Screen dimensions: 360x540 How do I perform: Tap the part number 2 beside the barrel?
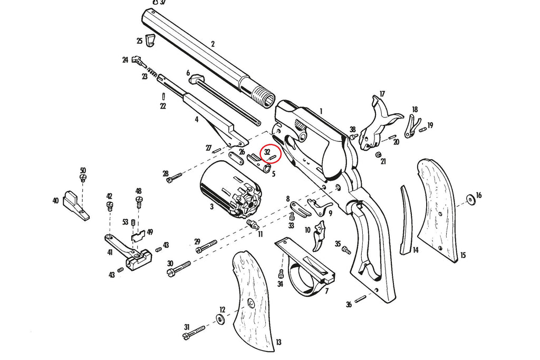pyautogui.click(x=213, y=44)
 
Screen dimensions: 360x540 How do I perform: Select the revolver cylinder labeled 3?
pyautogui.click(x=231, y=190)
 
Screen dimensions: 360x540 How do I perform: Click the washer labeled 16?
pyautogui.click(x=469, y=200)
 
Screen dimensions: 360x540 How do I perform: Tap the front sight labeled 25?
pyautogui.click(x=151, y=40)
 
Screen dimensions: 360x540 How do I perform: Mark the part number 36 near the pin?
pyautogui.click(x=349, y=304)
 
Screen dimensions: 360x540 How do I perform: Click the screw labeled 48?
pyautogui.click(x=139, y=201)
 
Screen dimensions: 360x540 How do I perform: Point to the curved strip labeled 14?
pyautogui.click(x=406, y=221)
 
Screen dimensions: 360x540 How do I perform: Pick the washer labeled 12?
pyautogui.click(x=219, y=318)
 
